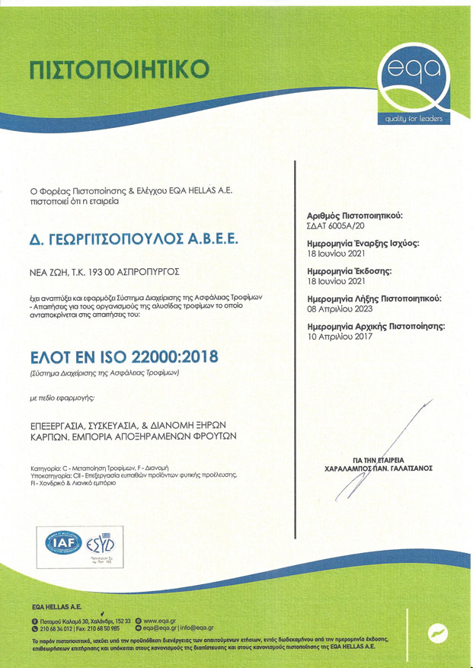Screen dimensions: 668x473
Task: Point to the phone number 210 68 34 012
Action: [52, 629]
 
